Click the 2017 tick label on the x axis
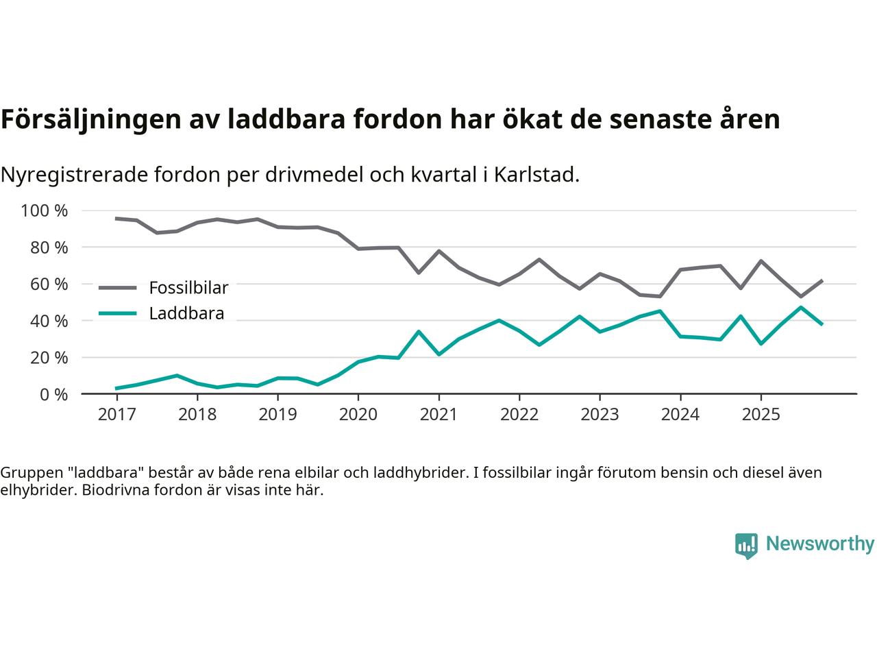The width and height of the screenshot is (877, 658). (x=116, y=415)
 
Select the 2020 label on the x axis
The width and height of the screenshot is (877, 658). (x=358, y=415)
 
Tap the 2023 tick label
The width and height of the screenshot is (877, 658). (x=600, y=415)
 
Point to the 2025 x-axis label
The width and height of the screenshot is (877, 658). (x=761, y=415)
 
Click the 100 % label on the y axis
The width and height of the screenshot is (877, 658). (x=45, y=210)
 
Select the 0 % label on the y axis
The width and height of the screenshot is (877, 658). (x=53, y=394)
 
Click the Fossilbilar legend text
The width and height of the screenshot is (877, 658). (x=188, y=287)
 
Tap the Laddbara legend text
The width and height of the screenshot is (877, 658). (x=186, y=314)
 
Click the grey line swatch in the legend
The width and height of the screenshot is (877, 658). (x=118, y=288)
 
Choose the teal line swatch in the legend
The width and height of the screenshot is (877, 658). (x=118, y=314)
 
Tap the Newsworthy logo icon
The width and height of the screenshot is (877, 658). (x=746, y=546)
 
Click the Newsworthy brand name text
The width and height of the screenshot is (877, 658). (x=819, y=544)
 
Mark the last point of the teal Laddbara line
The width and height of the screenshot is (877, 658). (x=822, y=324)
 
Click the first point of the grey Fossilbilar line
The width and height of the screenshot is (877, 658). (x=116, y=219)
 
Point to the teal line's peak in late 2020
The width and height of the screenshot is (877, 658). (x=419, y=332)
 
